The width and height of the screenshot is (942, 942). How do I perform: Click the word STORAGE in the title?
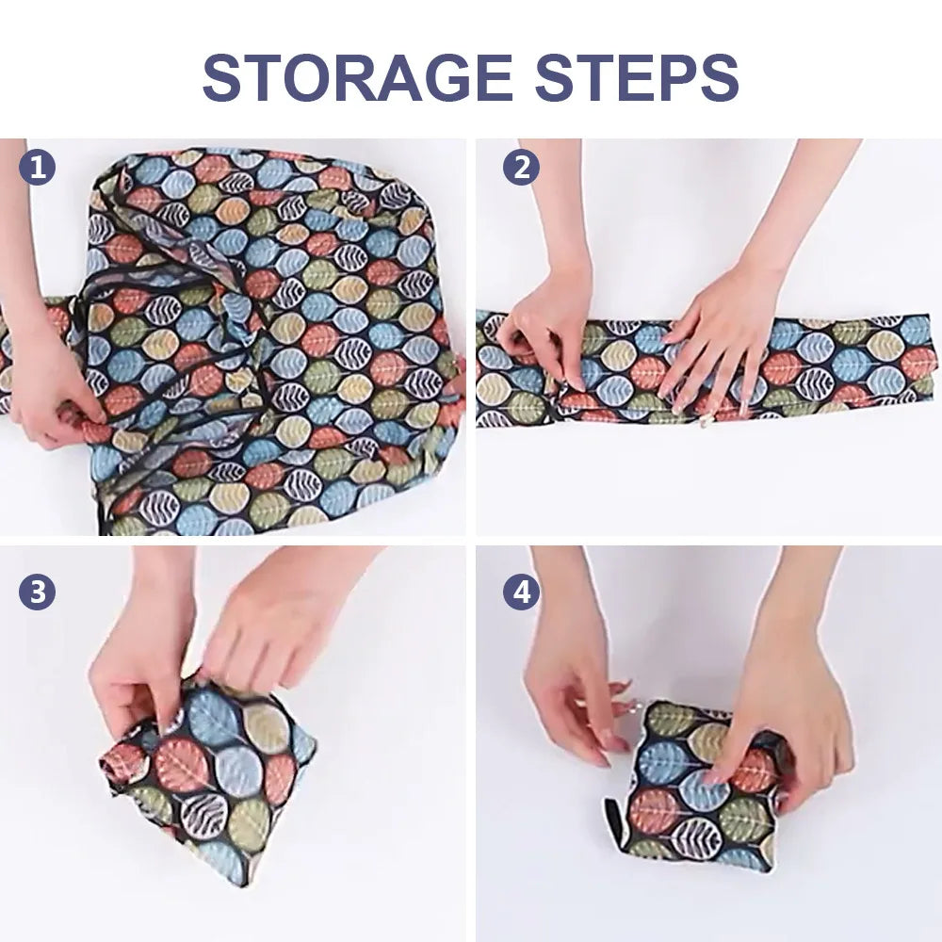358,77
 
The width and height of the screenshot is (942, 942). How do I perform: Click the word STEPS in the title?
637,77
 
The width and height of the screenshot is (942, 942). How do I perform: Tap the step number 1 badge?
38,168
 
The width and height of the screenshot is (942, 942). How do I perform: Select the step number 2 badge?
521,168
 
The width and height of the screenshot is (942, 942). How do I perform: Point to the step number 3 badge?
38,592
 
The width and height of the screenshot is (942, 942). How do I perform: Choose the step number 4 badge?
521,592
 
